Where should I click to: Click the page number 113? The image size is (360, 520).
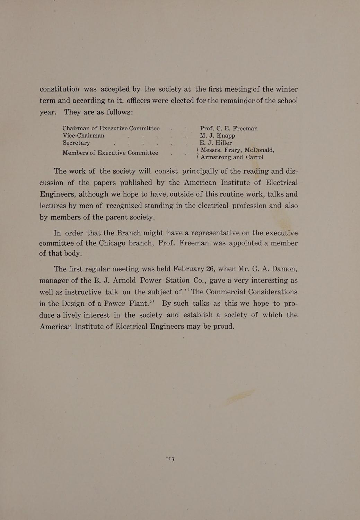170,459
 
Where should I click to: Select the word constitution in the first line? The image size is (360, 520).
59,89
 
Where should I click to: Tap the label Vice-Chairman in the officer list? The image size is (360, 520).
83,136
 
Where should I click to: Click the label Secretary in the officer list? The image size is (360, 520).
76,143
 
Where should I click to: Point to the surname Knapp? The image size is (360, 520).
223,136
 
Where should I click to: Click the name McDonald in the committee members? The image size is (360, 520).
259,150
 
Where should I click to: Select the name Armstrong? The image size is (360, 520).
216,157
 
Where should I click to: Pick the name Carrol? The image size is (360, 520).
255,157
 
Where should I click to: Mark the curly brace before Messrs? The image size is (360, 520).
197,153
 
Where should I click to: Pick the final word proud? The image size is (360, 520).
221,327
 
